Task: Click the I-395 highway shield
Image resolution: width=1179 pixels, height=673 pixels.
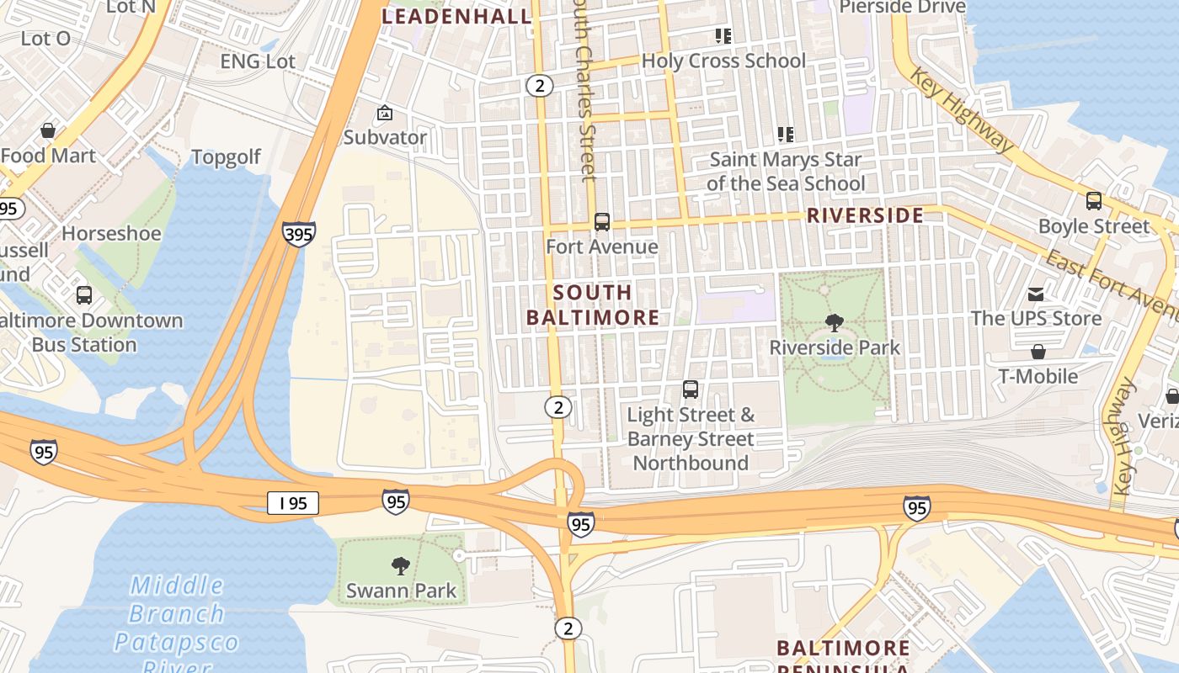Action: [x=299, y=233]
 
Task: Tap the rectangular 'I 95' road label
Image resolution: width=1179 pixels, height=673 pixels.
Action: [x=293, y=503]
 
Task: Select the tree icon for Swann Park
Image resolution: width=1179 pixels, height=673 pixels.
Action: [x=401, y=566]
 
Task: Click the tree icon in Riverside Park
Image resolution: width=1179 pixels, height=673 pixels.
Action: [x=834, y=322]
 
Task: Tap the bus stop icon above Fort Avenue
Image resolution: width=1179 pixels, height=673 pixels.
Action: [x=601, y=222]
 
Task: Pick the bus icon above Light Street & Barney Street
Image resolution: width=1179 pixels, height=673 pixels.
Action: [x=690, y=389]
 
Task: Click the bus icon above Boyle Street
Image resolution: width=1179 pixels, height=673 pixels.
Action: [x=1093, y=201]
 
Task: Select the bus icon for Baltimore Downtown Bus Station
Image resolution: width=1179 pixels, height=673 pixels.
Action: [x=83, y=295]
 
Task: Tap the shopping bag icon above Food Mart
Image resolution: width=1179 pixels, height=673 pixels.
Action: [x=48, y=130]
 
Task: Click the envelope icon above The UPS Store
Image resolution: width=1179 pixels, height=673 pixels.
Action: [x=1036, y=294]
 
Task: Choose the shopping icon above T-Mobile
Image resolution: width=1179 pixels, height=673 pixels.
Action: [x=1038, y=351]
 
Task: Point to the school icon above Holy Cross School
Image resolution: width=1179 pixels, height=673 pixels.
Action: [x=723, y=35]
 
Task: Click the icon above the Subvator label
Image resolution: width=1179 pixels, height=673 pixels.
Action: [x=384, y=112]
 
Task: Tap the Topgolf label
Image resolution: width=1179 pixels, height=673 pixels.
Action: [x=226, y=157]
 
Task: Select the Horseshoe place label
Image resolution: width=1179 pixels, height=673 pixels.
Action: [x=111, y=233]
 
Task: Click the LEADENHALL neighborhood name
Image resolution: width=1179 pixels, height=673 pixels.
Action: [x=457, y=16]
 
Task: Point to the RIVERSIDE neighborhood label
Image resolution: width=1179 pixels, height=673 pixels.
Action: [x=865, y=215]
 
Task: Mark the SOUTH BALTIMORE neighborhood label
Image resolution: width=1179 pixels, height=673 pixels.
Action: [x=593, y=305]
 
